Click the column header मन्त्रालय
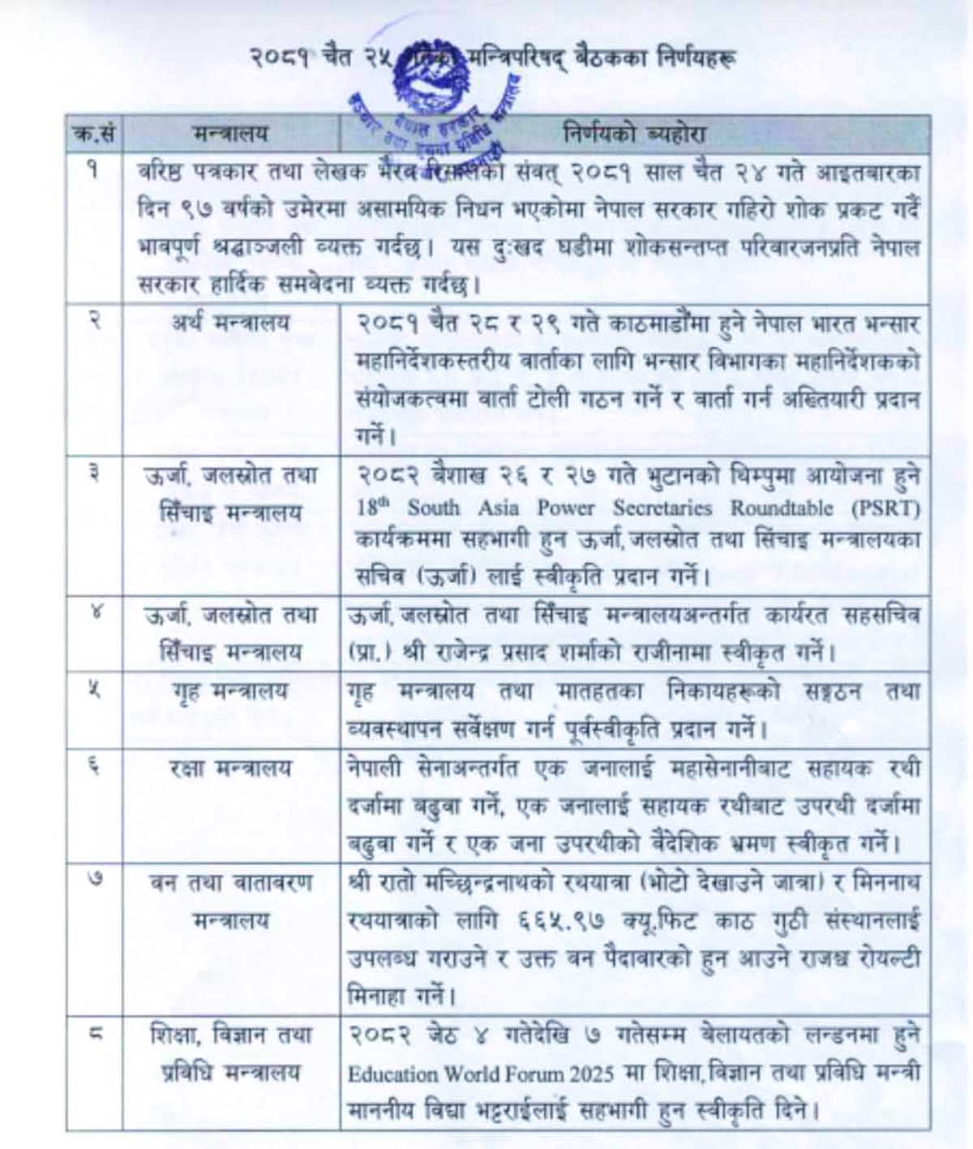tap(230, 134)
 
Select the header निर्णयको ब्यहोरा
tap(634, 134)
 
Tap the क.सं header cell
tap(94, 134)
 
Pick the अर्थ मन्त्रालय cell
tap(230, 323)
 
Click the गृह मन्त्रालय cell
tap(230, 692)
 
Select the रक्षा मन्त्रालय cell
tap(230, 768)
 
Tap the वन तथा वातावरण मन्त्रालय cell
tap(230, 901)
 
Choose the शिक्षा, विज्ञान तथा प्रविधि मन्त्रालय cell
tap(230, 1053)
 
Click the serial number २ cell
tap(94, 321)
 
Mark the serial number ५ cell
tap(94, 692)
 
